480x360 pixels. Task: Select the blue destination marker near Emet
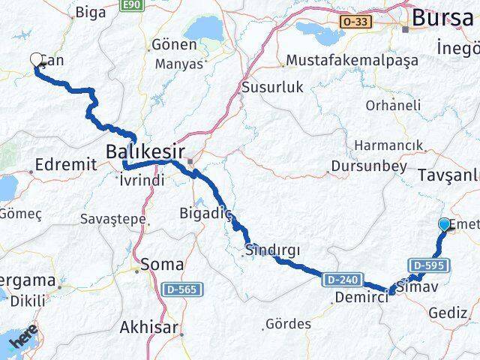(444, 224)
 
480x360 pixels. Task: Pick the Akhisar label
(148, 328)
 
